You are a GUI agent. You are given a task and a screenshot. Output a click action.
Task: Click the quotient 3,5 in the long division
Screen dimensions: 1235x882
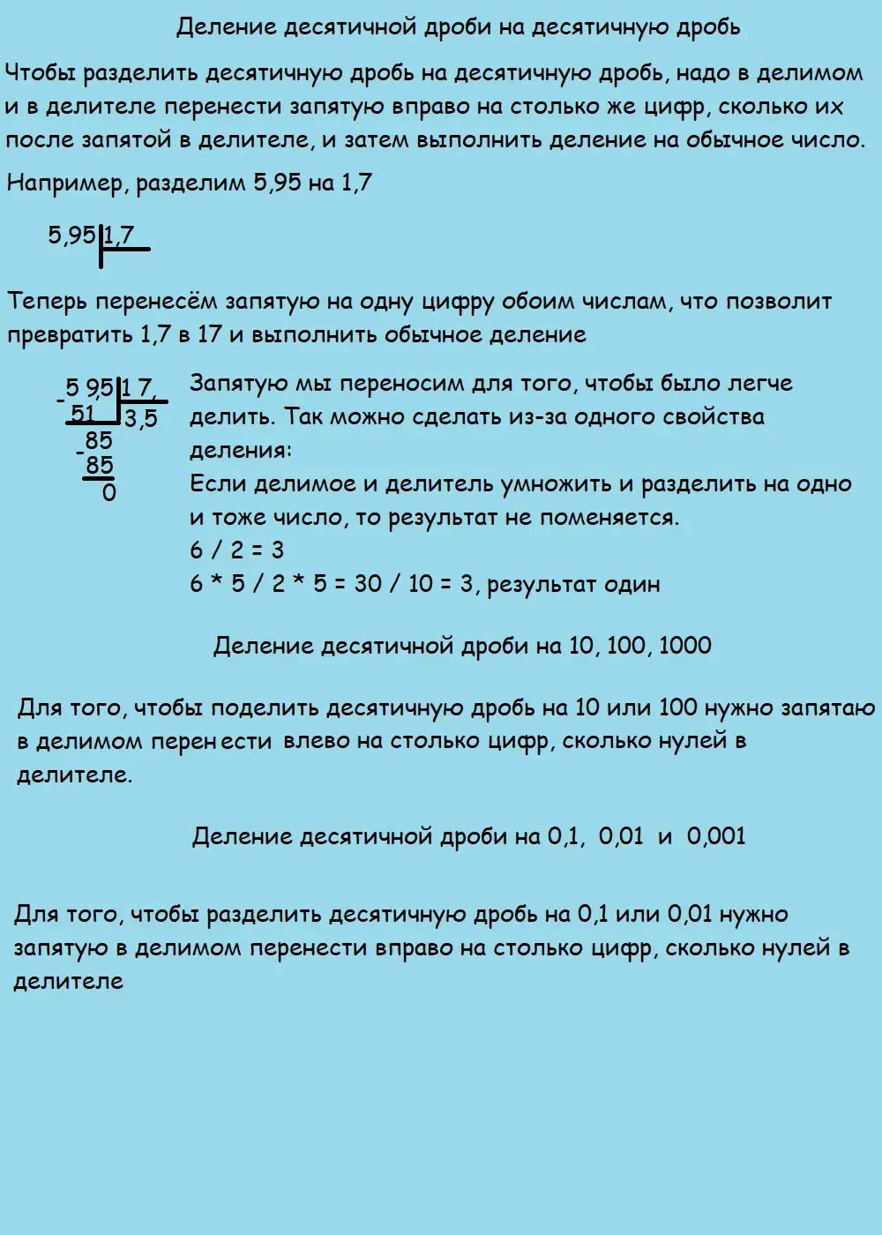pos(141,418)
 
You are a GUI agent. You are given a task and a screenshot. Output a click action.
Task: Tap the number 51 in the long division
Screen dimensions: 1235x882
pos(83,413)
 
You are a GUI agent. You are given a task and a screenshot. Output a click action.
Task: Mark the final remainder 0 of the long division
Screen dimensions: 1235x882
pos(109,492)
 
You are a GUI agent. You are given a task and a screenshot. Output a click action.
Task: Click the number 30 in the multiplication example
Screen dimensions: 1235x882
pos(369,584)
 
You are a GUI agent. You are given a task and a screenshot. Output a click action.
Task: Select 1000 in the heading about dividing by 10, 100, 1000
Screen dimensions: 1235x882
pos(684,646)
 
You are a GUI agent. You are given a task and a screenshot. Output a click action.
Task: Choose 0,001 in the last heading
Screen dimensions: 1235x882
pos(715,836)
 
